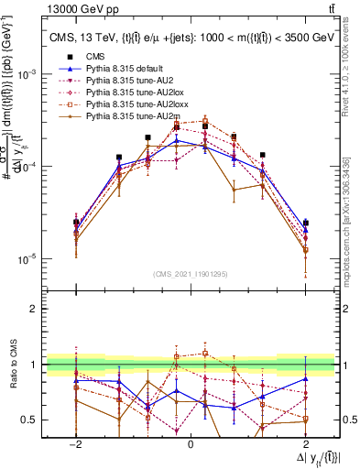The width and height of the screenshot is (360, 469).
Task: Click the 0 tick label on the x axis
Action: tap(190, 442)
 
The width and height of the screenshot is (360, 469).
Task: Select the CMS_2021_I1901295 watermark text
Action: tap(190, 273)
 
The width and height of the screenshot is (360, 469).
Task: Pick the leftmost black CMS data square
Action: tap(76, 223)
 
